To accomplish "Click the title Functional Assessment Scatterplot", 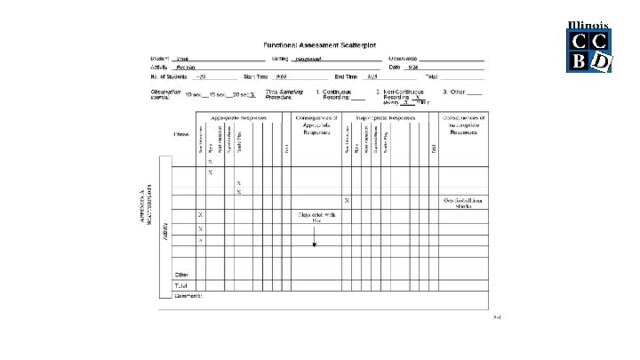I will tap(321, 45).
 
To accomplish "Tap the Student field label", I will tap(159, 58).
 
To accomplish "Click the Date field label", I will tap(394, 68).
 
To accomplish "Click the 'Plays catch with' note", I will tap(314, 214).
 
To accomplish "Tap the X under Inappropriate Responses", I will tap(346, 201).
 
